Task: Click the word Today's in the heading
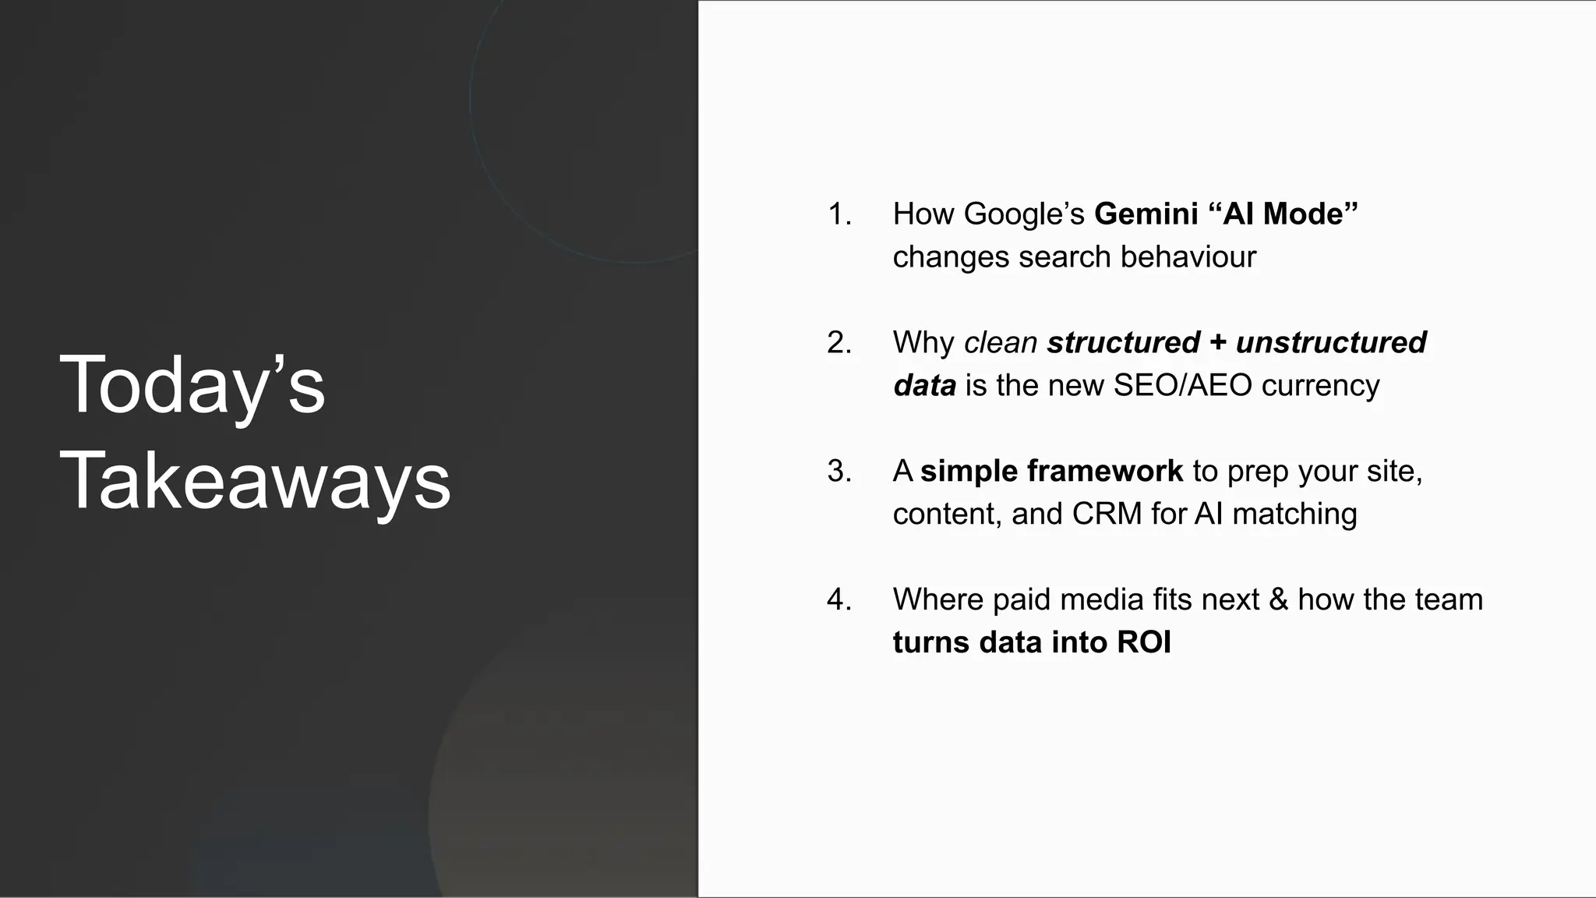[192, 385]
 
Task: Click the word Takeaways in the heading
[255, 480]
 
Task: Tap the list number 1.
[838, 214]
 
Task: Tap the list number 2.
[839, 342]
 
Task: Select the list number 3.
[839, 471]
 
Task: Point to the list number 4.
[839, 599]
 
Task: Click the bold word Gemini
[1146, 214]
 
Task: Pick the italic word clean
[1000, 342]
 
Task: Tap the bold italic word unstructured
[1331, 342]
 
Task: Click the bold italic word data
[924, 385]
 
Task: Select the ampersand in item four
[1278, 599]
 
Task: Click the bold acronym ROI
[1144, 642]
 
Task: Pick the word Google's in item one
[1024, 214]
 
